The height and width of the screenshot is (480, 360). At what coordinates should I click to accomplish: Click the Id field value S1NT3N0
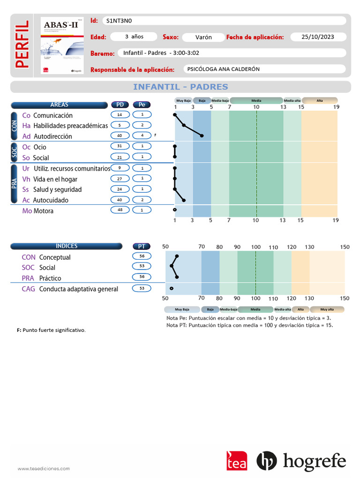[x=119, y=21]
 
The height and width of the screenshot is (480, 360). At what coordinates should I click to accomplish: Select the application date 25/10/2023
[x=318, y=37]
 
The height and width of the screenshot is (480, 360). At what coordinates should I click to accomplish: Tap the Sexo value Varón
[x=203, y=37]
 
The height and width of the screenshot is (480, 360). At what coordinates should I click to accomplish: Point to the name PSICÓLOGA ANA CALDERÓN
[x=223, y=69]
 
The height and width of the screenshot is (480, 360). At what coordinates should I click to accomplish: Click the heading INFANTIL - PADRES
[x=180, y=87]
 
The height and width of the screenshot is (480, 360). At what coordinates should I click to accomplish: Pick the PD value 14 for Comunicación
[x=120, y=115]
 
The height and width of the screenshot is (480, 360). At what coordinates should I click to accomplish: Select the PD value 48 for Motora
[x=120, y=210]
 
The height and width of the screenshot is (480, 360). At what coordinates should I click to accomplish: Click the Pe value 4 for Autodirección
[x=142, y=135]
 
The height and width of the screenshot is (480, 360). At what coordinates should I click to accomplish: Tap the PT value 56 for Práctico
[x=142, y=277]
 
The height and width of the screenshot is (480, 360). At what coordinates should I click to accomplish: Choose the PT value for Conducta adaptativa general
[x=142, y=288]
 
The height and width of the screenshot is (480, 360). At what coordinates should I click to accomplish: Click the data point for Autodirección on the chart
[x=202, y=135]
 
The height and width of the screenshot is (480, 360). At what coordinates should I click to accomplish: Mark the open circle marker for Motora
[x=175, y=210]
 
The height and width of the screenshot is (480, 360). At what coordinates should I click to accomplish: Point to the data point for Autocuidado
[x=184, y=200]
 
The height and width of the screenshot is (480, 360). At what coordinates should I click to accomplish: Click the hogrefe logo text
[x=314, y=461]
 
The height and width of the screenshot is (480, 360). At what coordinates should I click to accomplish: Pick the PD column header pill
[x=120, y=105]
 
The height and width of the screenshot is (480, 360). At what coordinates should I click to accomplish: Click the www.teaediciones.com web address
[x=44, y=468]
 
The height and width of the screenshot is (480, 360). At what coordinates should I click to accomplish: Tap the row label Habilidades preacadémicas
[x=70, y=126]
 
